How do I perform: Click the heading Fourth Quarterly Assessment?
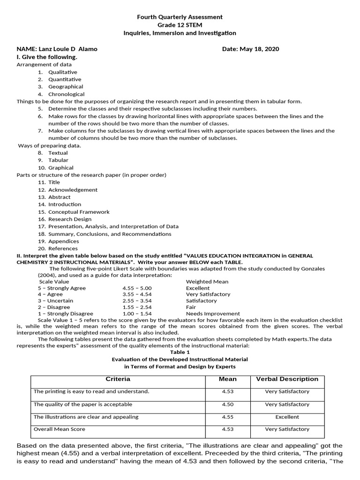[180, 17]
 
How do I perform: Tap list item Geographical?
[66, 87]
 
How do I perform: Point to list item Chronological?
[66, 94]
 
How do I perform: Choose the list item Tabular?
[58, 160]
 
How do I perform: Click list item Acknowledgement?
[73, 190]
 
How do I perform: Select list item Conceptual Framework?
[79, 212]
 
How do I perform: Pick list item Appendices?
[63, 241]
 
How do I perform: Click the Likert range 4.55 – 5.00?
[137, 288]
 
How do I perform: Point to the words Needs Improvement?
[213, 314]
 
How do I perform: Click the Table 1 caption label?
[180, 352]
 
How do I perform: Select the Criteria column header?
[118, 379]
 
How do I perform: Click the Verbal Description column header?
[287, 379]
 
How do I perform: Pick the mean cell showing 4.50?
[228, 404]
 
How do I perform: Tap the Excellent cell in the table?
[287, 417]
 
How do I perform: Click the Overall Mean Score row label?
[60, 429]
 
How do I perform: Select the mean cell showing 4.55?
[228, 417]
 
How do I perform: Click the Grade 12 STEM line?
[180, 25]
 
